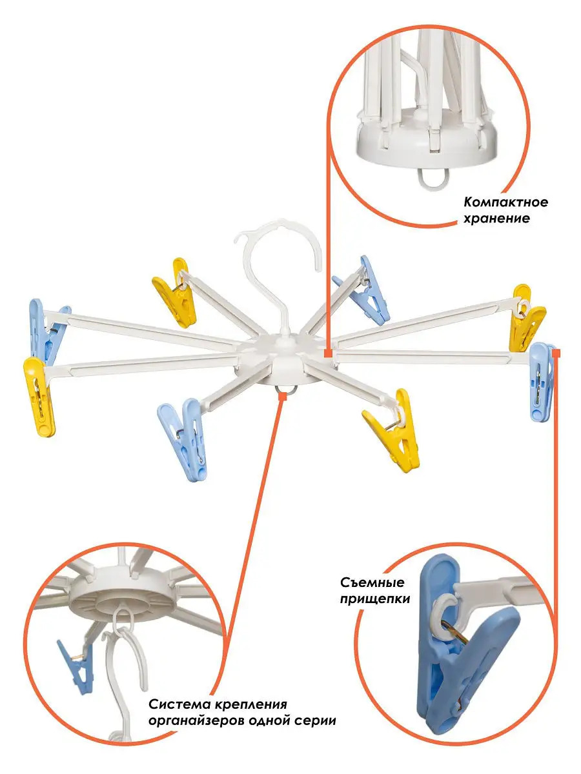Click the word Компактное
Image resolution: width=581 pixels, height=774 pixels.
[505, 203]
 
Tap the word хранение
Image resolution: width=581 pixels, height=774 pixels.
[496, 219]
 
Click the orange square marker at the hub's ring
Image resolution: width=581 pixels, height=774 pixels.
[282, 396]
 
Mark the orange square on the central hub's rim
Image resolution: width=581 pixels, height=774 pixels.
[328, 353]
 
